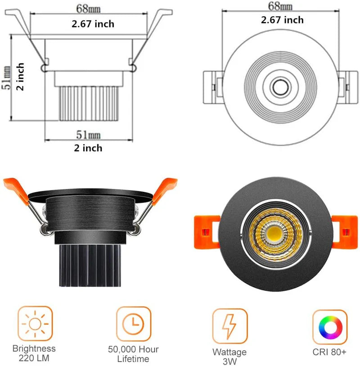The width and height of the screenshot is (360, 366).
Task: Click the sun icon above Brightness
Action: click(35, 323)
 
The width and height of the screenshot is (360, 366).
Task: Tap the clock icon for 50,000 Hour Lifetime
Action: click(133, 323)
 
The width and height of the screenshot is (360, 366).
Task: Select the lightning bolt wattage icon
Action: click(230, 325)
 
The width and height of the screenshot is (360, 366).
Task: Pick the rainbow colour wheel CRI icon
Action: click(330, 325)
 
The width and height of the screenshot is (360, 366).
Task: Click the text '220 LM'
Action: click(34, 359)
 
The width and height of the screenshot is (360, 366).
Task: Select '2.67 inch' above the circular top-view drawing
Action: click(282, 20)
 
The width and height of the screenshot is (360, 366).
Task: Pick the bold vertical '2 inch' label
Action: click(20, 77)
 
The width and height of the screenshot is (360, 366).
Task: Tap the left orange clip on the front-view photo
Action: click(205, 231)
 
